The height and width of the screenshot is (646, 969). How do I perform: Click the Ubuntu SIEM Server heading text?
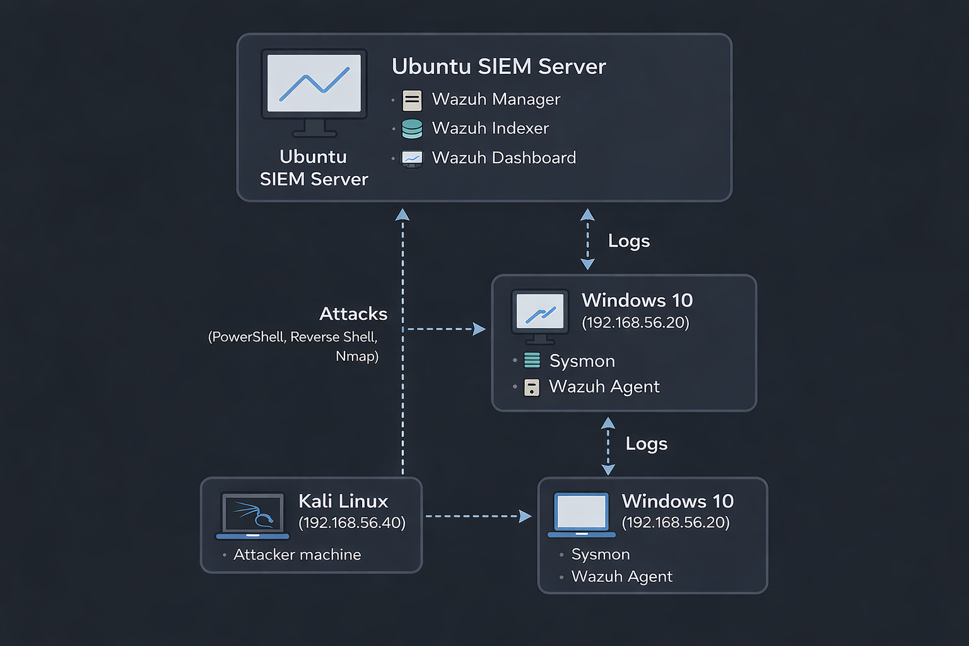click(x=498, y=66)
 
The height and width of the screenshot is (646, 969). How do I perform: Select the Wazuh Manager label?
click(x=496, y=100)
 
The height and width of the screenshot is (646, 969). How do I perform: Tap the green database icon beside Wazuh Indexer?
click(x=412, y=129)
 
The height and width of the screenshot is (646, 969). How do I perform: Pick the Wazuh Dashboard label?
click(x=503, y=158)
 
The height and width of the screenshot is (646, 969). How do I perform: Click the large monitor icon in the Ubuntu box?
click(x=314, y=91)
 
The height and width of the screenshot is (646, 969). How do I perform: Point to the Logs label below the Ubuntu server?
click(x=628, y=241)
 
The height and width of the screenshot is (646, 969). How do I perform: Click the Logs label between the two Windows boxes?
click(x=646, y=444)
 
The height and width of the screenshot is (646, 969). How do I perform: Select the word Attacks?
click(x=353, y=314)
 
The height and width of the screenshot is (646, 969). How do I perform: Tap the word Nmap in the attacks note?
click(x=356, y=356)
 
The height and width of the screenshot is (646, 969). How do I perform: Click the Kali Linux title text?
click(x=343, y=502)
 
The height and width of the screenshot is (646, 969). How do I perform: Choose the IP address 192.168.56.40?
click(x=352, y=523)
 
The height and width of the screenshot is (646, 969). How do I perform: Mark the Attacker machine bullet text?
click(x=297, y=555)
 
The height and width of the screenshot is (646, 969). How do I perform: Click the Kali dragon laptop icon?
click(x=252, y=515)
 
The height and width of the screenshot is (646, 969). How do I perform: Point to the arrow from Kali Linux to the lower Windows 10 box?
click(x=478, y=517)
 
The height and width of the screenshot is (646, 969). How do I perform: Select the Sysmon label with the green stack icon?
click(x=582, y=361)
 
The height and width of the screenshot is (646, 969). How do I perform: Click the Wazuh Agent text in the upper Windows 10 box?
click(x=604, y=387)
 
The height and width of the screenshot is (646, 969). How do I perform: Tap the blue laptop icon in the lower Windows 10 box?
click(x=581, y=514)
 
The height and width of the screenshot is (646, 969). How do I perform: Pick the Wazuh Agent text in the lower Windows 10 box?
click(x=621, y=577)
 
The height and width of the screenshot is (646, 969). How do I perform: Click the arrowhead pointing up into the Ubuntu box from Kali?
click(x=402, y=214)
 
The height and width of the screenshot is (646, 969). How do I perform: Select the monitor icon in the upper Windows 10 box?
click(x=540, y=314)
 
